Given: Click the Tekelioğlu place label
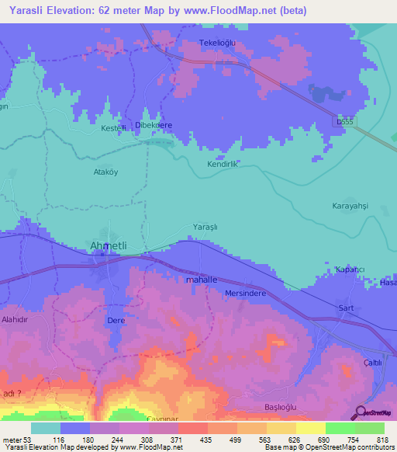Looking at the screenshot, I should [x=219, y=43].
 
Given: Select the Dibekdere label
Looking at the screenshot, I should [x=154, y=125].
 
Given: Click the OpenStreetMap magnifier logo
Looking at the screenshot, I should [x=359, y=412].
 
